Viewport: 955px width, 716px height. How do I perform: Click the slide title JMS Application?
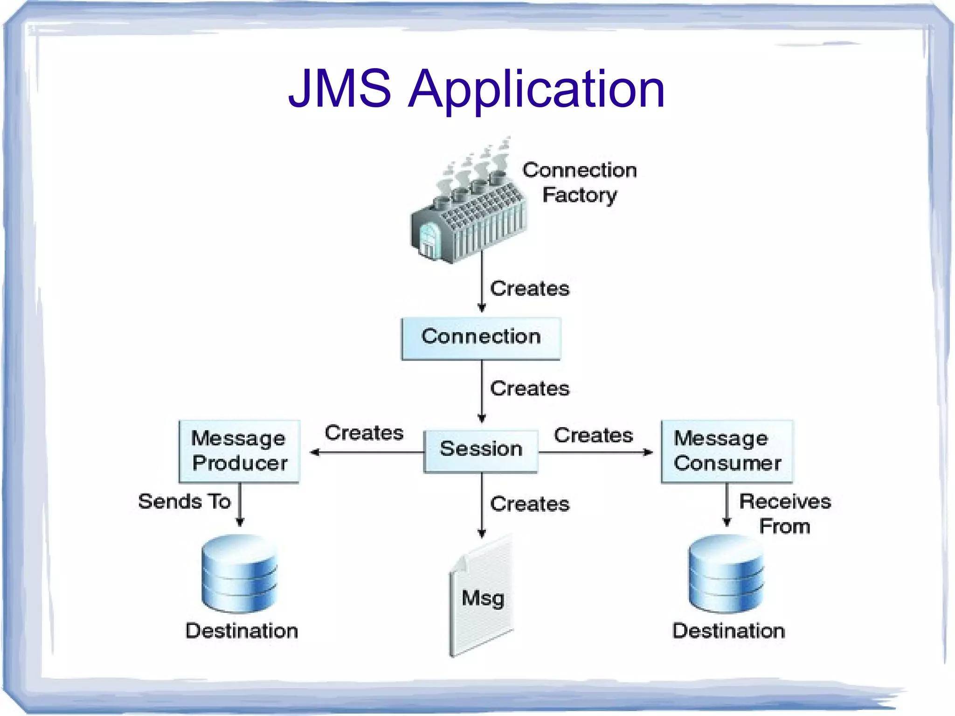(477, 89)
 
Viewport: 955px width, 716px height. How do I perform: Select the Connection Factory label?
(580, 182)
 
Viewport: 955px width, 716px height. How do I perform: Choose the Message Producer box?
(239, 451)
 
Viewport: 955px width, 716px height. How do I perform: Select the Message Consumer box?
(727, 451)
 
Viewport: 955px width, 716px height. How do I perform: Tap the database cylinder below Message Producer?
(240, 574)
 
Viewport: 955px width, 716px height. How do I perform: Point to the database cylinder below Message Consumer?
(726, 574)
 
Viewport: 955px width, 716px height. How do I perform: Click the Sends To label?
(185, 501)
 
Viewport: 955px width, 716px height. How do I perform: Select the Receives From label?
(785, 514)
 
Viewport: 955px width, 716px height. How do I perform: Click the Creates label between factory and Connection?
(530, 289)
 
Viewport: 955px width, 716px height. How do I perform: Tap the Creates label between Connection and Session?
(530, 389)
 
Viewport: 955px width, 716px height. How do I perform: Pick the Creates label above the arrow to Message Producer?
(364, 433)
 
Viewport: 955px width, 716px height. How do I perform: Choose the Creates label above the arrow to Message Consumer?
(593, 435)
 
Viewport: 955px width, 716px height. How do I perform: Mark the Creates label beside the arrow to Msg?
(530, 504)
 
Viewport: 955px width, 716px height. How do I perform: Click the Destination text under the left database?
(242, 631)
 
